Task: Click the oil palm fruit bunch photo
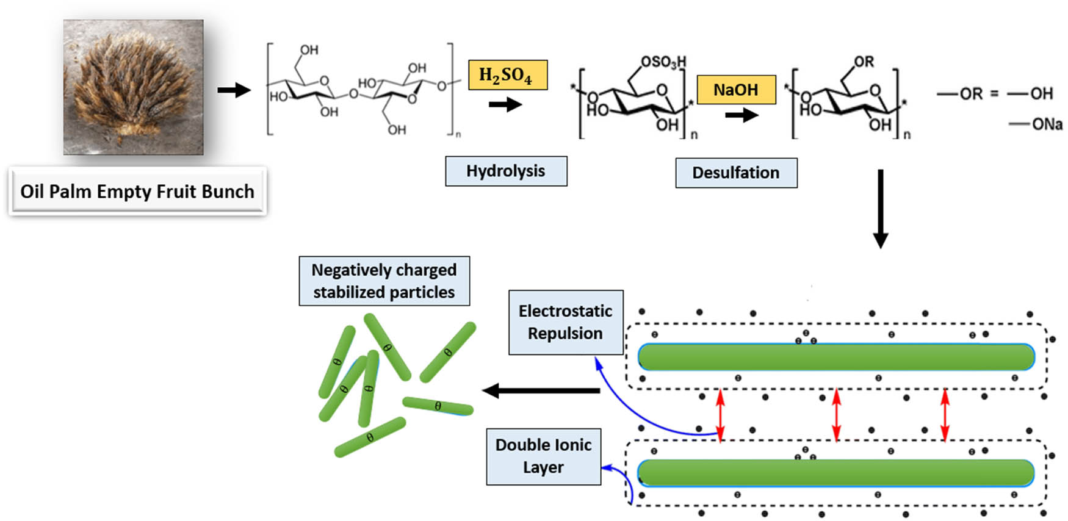[133, 87]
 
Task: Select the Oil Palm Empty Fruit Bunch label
[137, 191]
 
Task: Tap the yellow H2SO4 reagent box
[507, 75]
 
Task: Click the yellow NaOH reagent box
[735, 90]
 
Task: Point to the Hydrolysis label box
[506, 171]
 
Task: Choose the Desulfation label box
[735, 173]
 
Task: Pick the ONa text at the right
[1047, 124]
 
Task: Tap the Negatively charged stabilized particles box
[384, 281]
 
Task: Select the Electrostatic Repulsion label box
[565, 322]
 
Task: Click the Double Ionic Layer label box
[543, 456]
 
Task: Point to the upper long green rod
[835, 357]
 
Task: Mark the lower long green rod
[835, 473]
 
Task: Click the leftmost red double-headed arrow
[720, 415]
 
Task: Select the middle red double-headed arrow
[836, 415]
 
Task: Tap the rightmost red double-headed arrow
[945, 415]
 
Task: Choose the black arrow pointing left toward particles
[541, 390]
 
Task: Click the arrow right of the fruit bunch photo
[234, 90]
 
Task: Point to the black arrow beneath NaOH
[741, 115]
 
